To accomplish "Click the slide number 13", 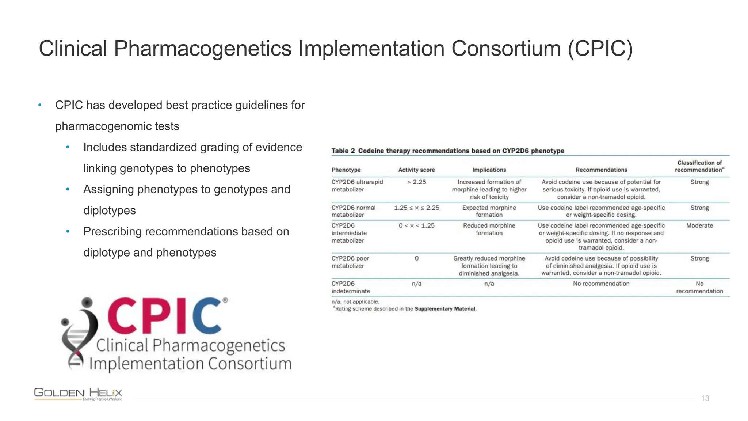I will pyautogui.click(x=705, y=398).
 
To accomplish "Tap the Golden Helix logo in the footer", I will pyautogui.click(x=78, y=394).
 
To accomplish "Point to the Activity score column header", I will pyautogui.click(x=416, y=170).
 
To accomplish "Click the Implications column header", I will pyautogui.click(x=489, y=170).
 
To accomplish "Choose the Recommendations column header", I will pyautogui.click(x=601, y=170).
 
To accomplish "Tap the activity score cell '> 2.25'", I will pyautogui.click(x=416, y=182).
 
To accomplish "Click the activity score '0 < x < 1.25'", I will pyautogui.click(x=416, y=226).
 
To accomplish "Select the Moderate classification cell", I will pyautogui.click(x=699, y=226).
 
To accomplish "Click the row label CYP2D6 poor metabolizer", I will pyautogui.click(x=350, y=262).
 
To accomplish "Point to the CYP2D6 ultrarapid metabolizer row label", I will pyautogui.click(x=357, y=186).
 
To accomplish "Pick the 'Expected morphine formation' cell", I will pyautogui.click(x=489, y=211).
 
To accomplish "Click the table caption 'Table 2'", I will pyautogui.click(x=343, y=151).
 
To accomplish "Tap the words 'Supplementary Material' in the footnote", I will pyautogui.click(x=445, y=309).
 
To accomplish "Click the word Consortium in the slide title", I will pyautogui.click(x=506, y=49).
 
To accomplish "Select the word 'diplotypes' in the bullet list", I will pyautogui.click(x=109, y=210).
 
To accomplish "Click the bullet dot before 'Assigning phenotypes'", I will pyautogui.click(x=68, y=190).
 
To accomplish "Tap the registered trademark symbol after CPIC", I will pyautogui.click(x=225, y=300).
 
